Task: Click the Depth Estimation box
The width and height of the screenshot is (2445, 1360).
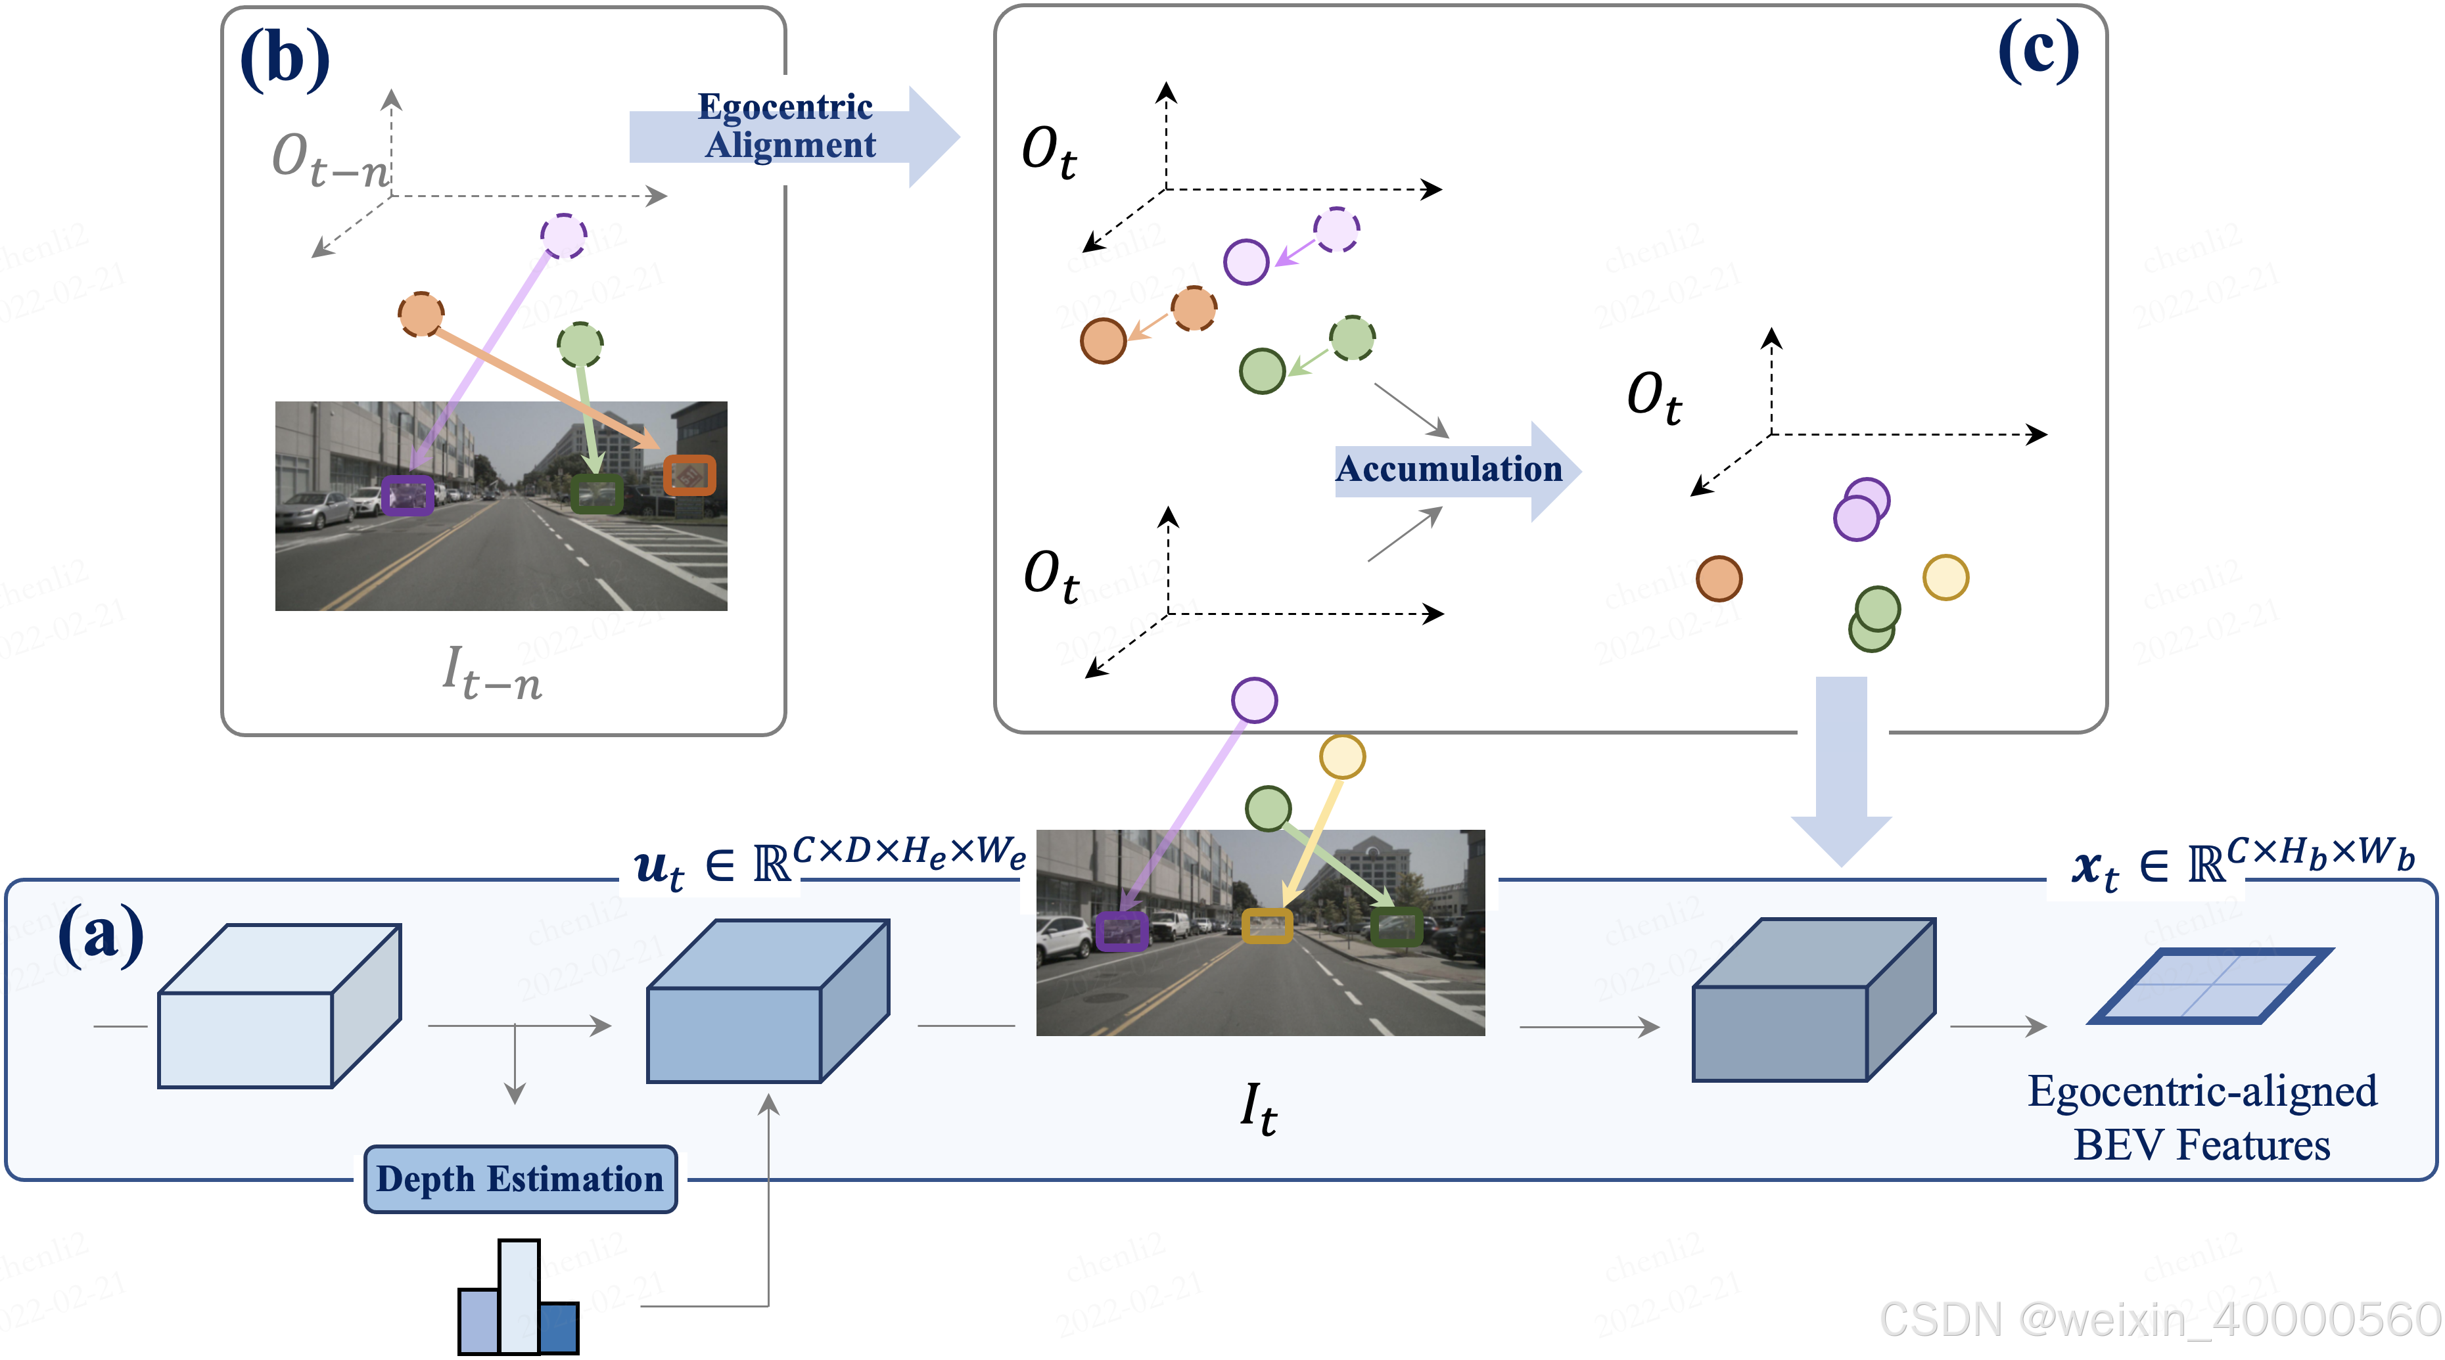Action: click(520, 1179)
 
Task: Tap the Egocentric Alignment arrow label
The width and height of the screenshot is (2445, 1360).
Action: click(786, 126)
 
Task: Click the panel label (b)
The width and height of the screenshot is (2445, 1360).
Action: click(285, 59)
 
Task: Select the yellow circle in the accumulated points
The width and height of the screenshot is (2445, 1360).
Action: click(1945, 577)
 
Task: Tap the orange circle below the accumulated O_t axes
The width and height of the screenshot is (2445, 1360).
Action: click(1718, 579)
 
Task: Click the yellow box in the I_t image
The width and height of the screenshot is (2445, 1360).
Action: click(1267, 925)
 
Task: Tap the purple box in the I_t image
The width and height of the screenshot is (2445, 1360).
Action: click(1122, 931)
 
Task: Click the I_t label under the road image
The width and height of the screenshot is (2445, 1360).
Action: click(1259, 1108)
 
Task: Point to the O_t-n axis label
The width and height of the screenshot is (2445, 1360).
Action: click(331, 160)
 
